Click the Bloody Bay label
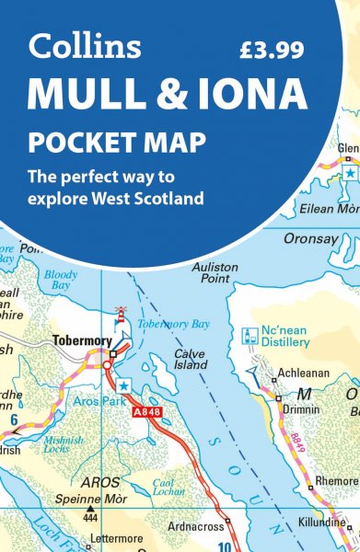[x=61, y=280]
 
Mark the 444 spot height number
[x=88, y=519]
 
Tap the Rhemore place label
[x=337, y=480]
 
